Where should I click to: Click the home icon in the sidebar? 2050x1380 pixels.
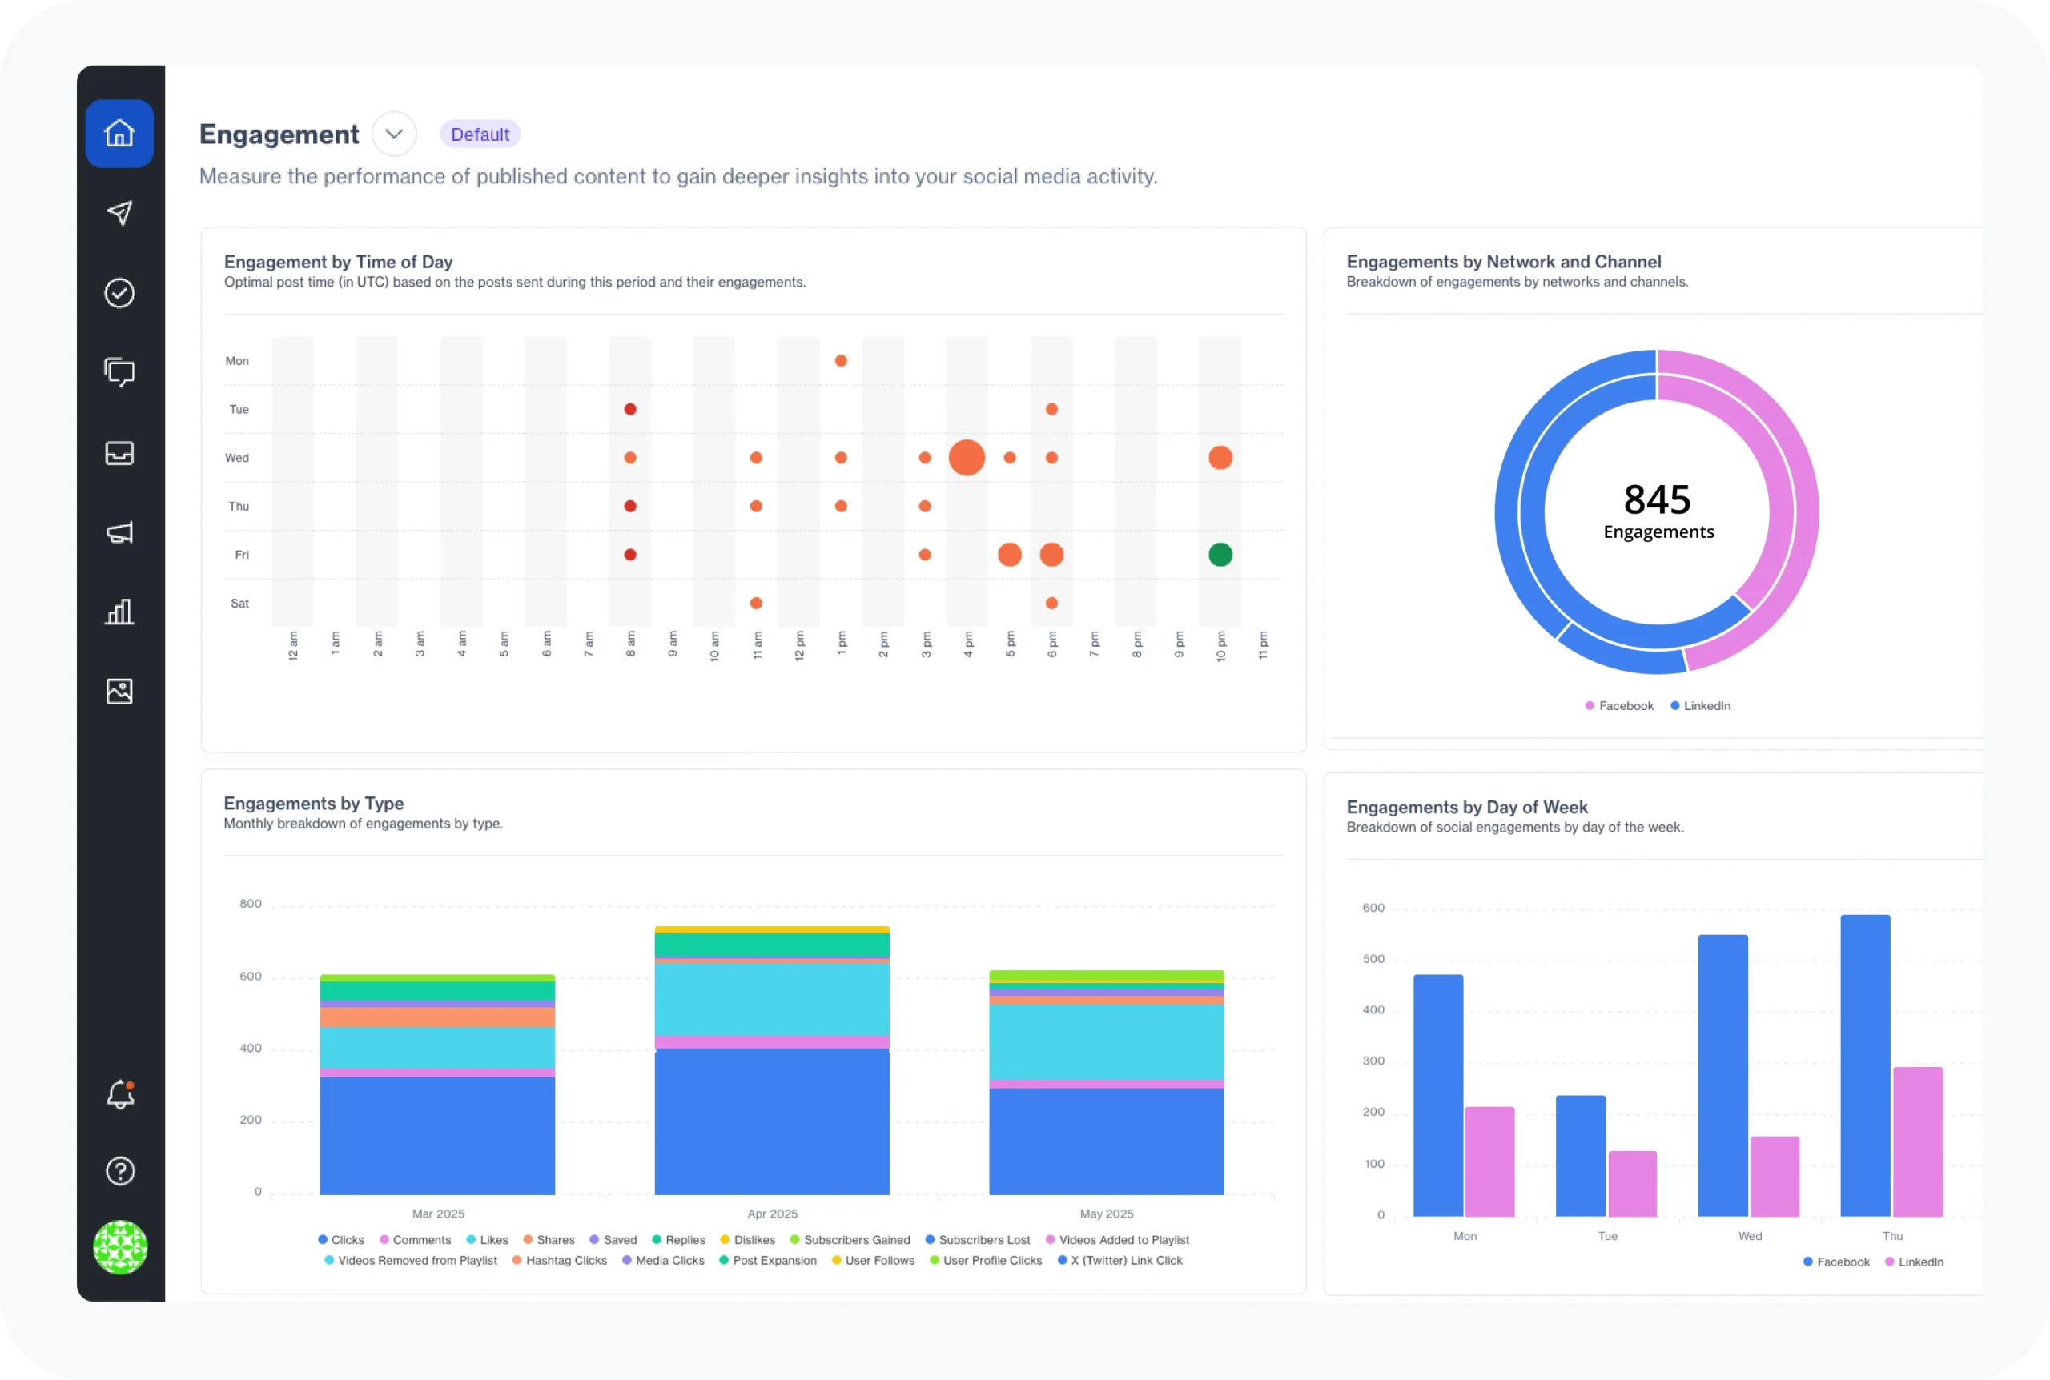[119, 134]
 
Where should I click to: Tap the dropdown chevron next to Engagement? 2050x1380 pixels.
[393, 134]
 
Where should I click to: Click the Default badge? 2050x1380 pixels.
[480, 134]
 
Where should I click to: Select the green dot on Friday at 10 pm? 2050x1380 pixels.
[1220, 555]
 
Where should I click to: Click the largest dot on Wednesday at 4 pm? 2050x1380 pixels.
[967, 458]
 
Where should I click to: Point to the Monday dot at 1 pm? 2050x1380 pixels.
[841, 361]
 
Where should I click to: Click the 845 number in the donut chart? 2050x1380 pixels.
[1657, 500]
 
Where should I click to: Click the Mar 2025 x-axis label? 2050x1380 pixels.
[438, 1214]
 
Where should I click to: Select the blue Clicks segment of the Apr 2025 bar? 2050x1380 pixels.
[772, 1122]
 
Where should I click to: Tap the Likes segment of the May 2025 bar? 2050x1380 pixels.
[1107, 1042]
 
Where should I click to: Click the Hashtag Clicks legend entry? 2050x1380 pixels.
[566, 1260]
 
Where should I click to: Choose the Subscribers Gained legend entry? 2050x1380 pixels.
[855, 1240]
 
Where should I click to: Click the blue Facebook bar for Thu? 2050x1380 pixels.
[1865, 1065]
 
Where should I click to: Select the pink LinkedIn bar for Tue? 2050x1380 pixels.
[1633, 1184]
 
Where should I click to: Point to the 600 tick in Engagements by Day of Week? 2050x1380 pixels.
[1373, 909]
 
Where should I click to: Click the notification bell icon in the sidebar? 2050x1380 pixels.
[119, 1095]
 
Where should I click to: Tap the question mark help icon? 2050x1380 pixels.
[119, 1171]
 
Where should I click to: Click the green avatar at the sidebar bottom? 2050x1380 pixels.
[119, 1247]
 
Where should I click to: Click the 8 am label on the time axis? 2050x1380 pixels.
[630, 644]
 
